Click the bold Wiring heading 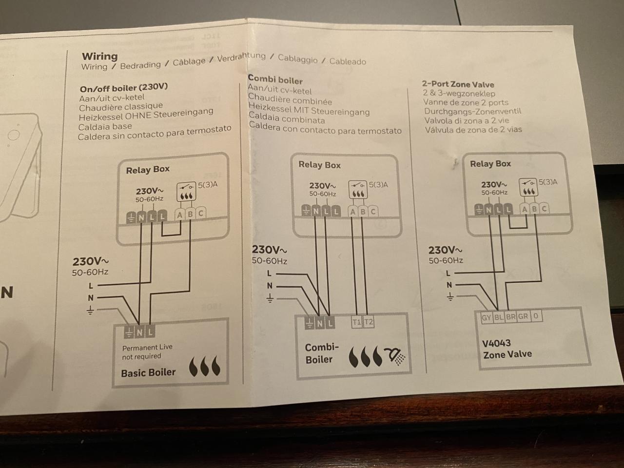click(x=99, y=56)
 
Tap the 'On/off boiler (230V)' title click(x=123, y=88)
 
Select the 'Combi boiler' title click(x=275, y=79)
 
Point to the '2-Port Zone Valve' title click(x=458, y=84)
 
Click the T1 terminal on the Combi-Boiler click(x=356, y=322)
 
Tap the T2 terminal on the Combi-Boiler click(x=369, y=322)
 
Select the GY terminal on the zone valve click(x=486, y=317)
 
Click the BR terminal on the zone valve click(x=510, y=316)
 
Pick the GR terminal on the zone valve click(x=523, y=316)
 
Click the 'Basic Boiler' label click(x=148, y=373)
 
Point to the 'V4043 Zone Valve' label click(x=507, y=349)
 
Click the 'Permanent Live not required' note click(x=147, y=351)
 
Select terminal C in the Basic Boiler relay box click(x=200, y=214)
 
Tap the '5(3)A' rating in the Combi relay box click(x=378, y=185)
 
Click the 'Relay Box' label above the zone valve click(x=490, y=164)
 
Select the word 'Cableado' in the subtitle click(x=348, y=61)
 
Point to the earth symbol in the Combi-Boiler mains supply click(x=270, y=298)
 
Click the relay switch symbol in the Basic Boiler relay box click(x=185, y=187)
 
